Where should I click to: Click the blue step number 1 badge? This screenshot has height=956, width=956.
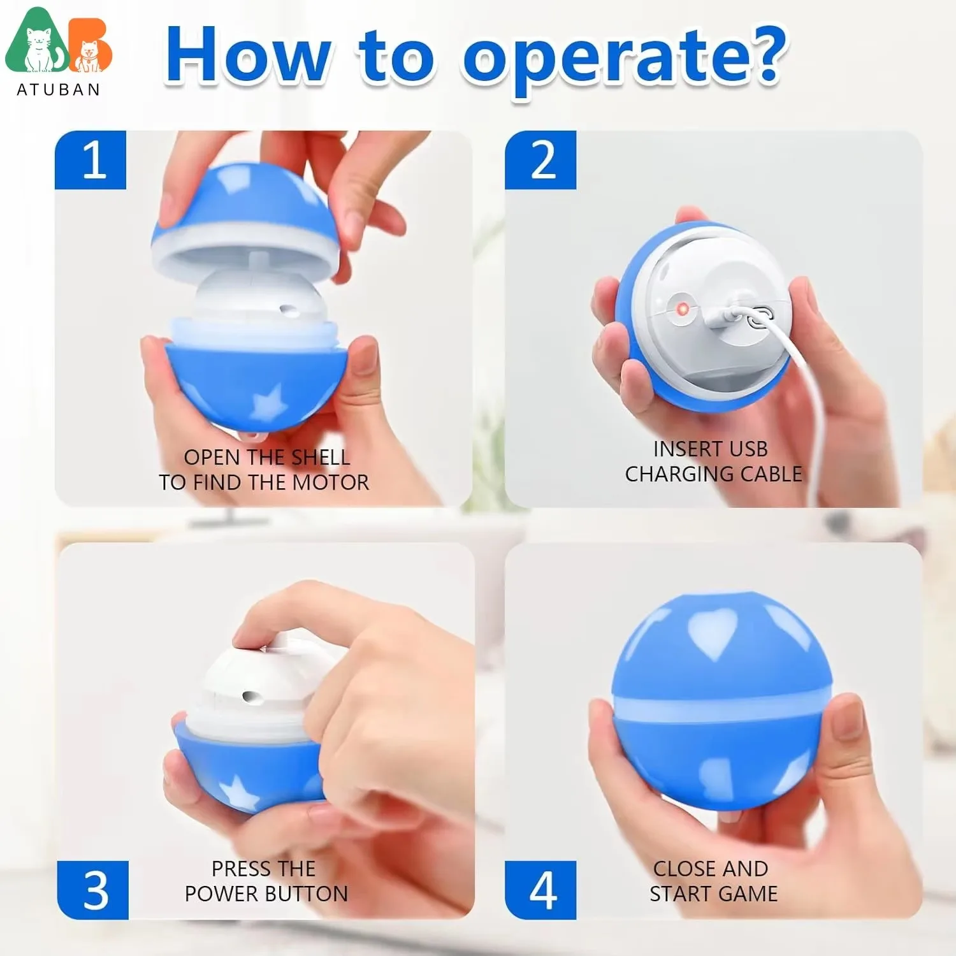(91, 160)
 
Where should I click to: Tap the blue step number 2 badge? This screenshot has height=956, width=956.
(540, 160)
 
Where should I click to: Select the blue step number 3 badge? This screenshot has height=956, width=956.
(93, 890)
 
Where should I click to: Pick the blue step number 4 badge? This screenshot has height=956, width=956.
(540, 890)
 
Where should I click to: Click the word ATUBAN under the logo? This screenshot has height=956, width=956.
(58, 90)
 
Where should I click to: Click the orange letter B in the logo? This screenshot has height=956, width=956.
(91, 48)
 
